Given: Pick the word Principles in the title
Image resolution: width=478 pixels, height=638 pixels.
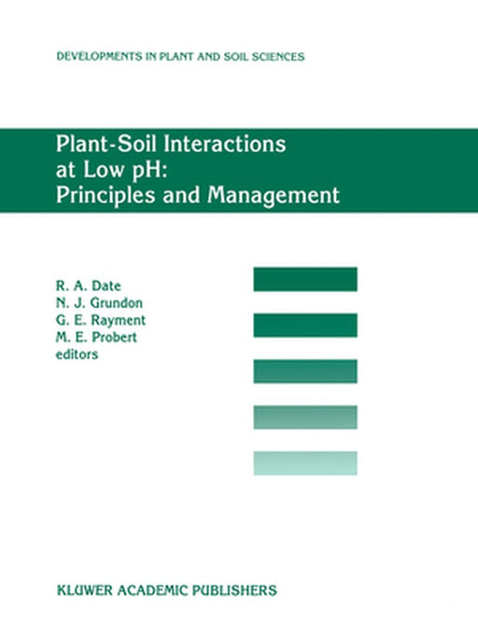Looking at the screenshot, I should point(103,196).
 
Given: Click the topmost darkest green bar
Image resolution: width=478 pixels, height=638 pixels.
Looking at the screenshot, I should point(304,278).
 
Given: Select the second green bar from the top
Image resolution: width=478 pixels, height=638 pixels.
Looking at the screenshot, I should point(304,324).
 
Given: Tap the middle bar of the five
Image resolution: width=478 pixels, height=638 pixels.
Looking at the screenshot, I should point(304,371).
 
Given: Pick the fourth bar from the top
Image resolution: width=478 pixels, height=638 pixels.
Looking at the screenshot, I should point(304,417).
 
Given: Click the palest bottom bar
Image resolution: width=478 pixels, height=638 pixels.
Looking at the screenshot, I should point(304,462).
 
